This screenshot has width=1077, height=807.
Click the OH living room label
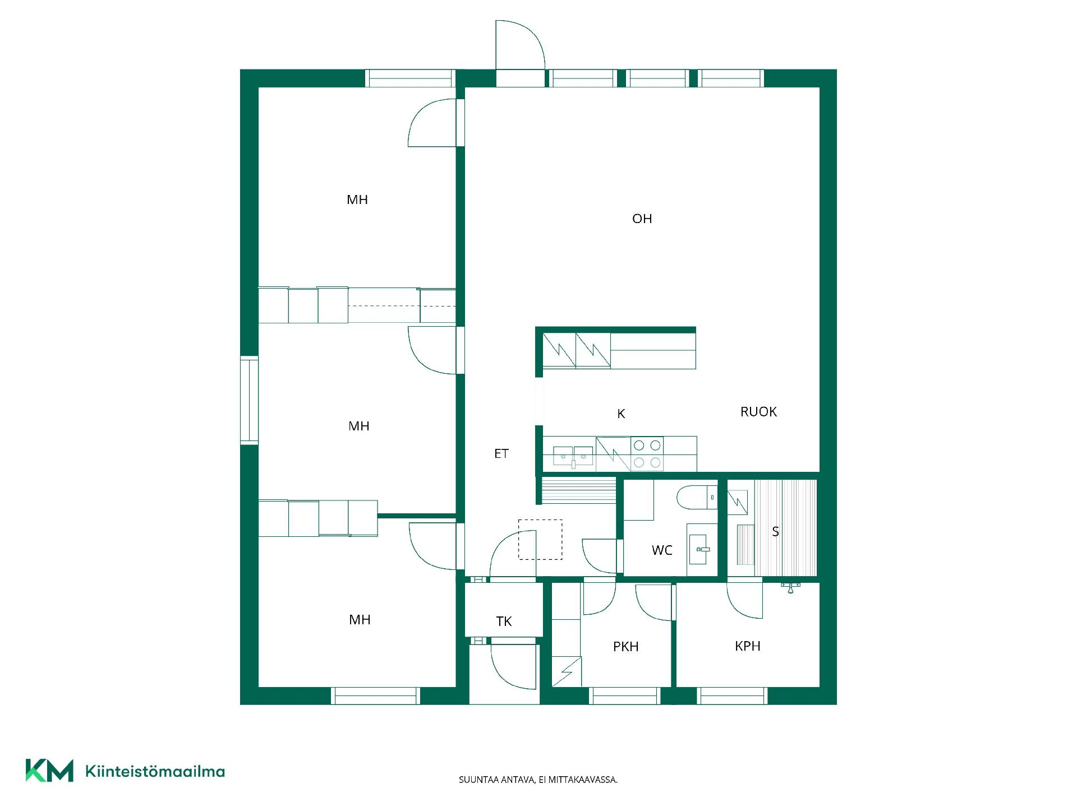(642, 219)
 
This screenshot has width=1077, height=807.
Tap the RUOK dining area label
(758, 412)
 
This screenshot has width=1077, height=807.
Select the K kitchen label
(621, 414)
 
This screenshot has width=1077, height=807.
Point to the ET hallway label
(501, 454)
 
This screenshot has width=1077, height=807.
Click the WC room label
(662, 550)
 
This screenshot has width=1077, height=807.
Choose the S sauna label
(775, 531)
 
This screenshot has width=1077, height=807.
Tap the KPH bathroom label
(747, 646)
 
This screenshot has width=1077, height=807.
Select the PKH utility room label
(625, 647)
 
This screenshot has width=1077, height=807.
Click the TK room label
(504, 622)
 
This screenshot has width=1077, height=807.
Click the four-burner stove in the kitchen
(647, 454)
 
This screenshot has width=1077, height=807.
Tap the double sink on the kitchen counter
(573, 457)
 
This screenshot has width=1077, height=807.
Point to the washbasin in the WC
(701, 549)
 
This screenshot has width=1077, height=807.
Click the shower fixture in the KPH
(790, 587)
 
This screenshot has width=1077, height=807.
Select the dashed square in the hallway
(540, 540)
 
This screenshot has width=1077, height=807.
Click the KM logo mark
(49, 771)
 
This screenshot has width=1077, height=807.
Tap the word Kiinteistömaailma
(155, 772)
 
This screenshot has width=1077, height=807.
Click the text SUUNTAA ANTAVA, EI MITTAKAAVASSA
(538, 780)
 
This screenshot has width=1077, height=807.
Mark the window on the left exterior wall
(249, 400)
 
